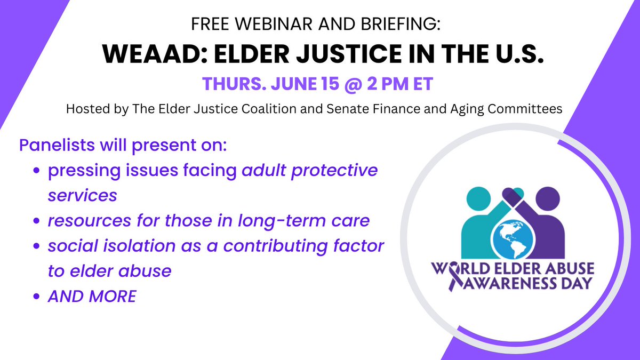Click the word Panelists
pyautogui.click(x=51, y=145)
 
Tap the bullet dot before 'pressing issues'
pyautogui.click(x=37, y=171)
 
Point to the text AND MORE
pyautogui.click(x=92, y=296)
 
